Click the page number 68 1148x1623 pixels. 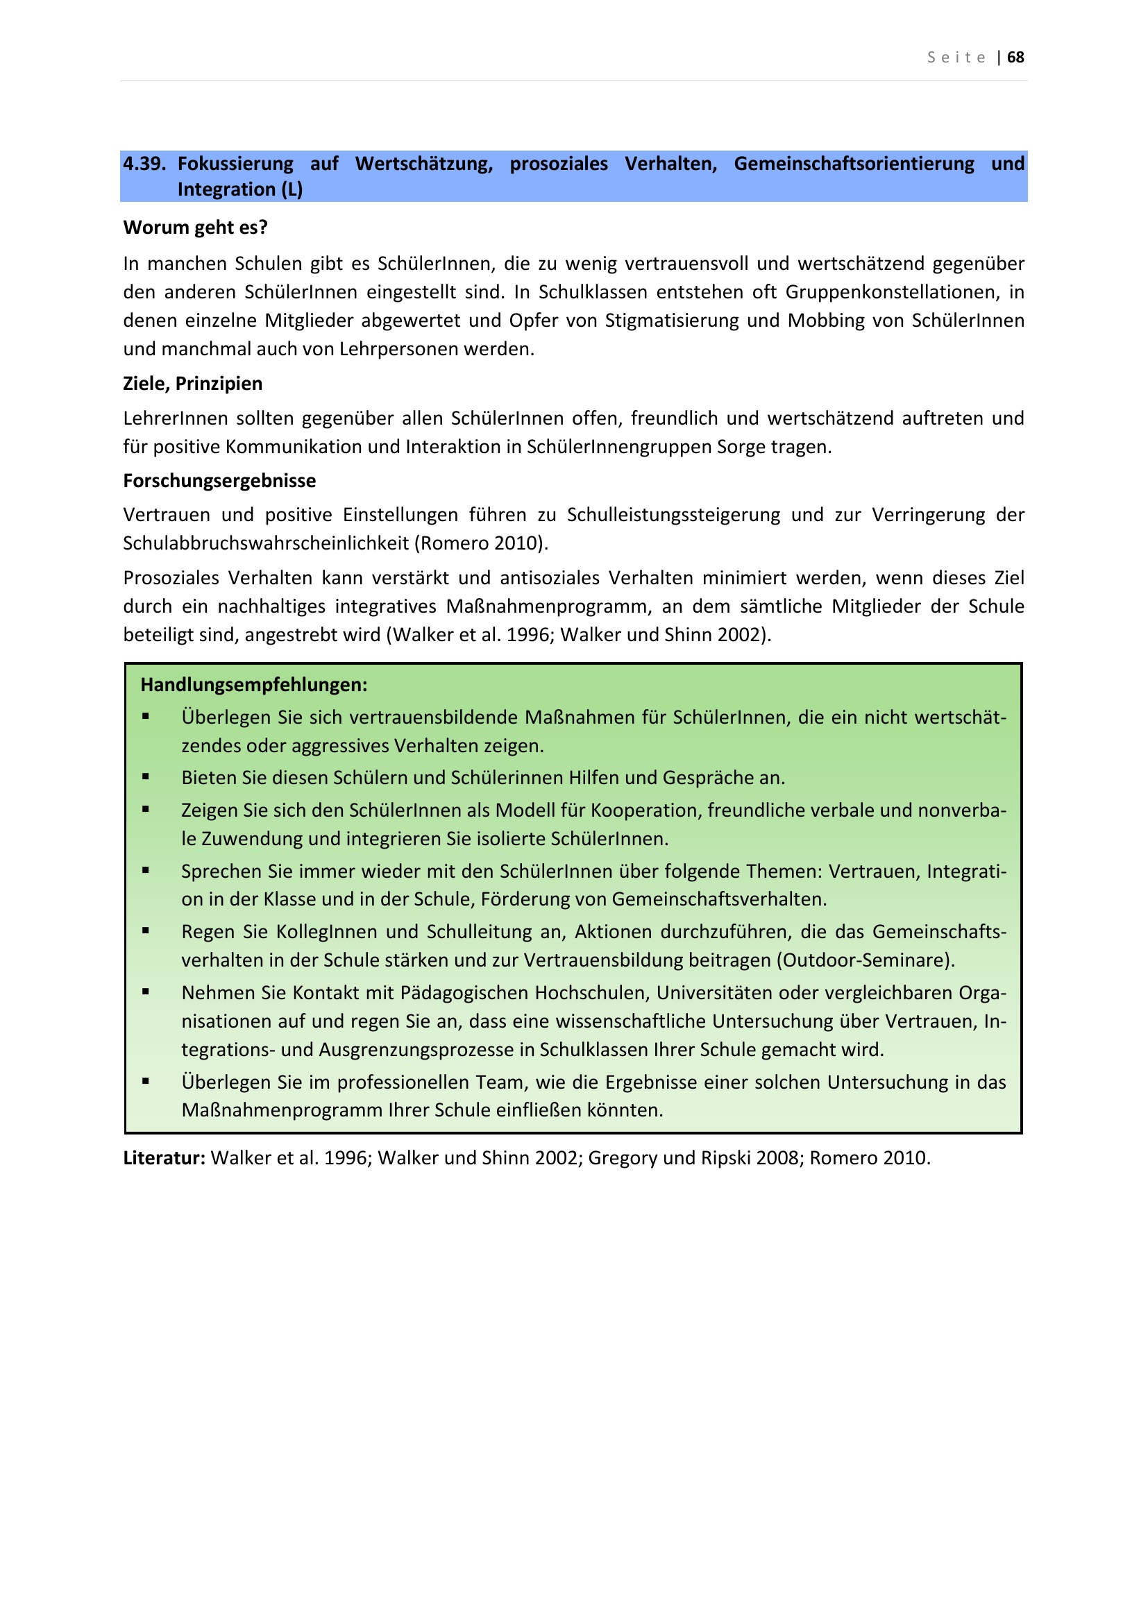click(1015, 58)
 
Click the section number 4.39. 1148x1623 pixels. click(144, 164)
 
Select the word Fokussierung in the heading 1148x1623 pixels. click(235, 164)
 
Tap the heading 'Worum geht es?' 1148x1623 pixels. click(195, 228)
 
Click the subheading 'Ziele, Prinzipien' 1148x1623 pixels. click(192, 384)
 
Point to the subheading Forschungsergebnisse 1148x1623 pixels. click(219, 481)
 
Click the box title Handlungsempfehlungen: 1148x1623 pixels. click(254, 685)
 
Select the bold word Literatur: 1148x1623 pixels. click(164, 1158)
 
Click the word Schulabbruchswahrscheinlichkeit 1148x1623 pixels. click(266, 543)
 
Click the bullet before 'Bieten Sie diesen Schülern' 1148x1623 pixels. click(146, 777)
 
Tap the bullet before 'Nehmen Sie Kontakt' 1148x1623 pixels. click(146, 992)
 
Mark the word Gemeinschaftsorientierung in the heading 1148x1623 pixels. click(853, 164)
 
